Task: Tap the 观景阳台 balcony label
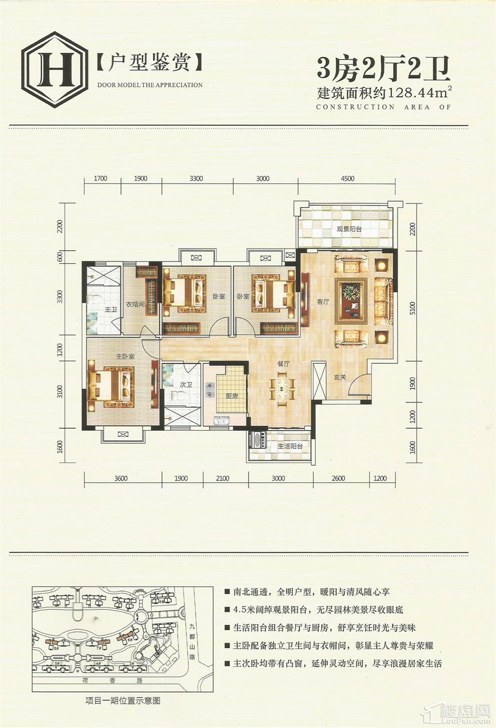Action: [349, 229]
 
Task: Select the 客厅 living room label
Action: [323, 301]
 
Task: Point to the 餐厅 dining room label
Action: [283, 364]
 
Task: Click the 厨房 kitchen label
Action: [232, 396]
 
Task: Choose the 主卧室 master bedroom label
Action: [125, 356]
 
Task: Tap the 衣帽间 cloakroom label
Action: [134, 304]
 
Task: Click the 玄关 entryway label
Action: [340, 378]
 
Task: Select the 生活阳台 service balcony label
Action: [290, 446]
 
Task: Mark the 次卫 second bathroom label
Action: [186, 384]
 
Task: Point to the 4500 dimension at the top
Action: [347, 179]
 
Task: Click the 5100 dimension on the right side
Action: [413, 308]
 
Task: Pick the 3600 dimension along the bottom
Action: [121, 478]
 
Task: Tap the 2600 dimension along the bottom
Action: [338, 478]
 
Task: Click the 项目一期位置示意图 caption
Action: [123, 701]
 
